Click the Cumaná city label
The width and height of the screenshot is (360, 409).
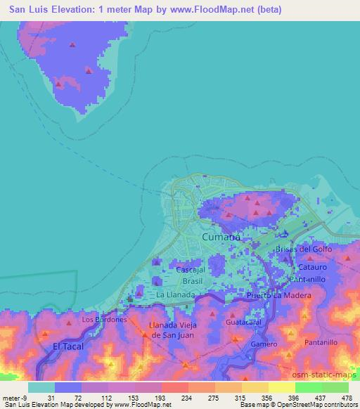pyautogui.click(x=221, y=238)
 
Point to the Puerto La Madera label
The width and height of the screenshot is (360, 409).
pyautogui.click(x=278, y=296)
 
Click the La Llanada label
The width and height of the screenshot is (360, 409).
pyautogui.click(x=174, y=295)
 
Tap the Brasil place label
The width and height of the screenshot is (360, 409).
pyautogui.click(x=191, y=280)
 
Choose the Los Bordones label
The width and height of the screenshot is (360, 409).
pyautogui.click(x=103, y=319)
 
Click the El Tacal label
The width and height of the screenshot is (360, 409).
pyautogui.click(x=67, y=346)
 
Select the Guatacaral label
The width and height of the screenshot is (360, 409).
pyautogui.click(x=244, y=322)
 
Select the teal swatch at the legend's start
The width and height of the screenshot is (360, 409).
pyautogui.click(x=41, y=387)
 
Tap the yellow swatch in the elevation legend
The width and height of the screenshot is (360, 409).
pyautogui.click(x=282, y=387)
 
